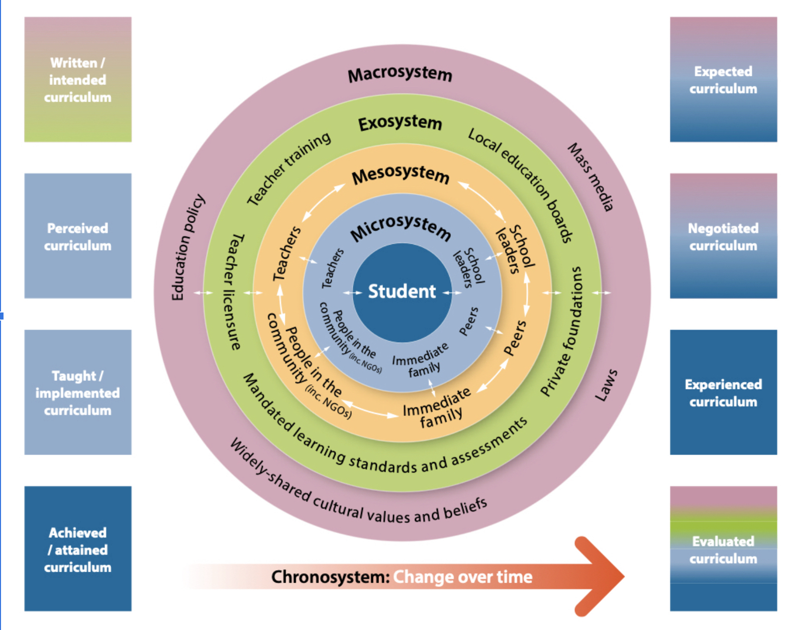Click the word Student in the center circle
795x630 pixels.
click(x=402, y=291)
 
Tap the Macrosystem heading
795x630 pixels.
click(x=400, y=74)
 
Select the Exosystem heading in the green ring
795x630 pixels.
click(x=400, y=123)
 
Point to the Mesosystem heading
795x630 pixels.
click(x=401, y=175)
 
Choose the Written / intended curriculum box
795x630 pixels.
click(x=78, y=79)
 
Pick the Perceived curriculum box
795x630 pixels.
click(x=78, y=236)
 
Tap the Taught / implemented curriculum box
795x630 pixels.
click(x=78, y=392)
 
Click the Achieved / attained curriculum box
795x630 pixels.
click(x=78, y=549)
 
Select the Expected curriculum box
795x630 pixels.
click(x=723, y=79)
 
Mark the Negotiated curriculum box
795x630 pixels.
click(x=723, y=236)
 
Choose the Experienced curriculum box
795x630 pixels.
click(x=723, y=392)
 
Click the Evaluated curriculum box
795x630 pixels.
click(x=723, y=549)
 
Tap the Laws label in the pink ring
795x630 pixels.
click(x=606, y=385)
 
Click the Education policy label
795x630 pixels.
click(x=187, y=247)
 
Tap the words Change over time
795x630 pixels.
click(x=463, y=577)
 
